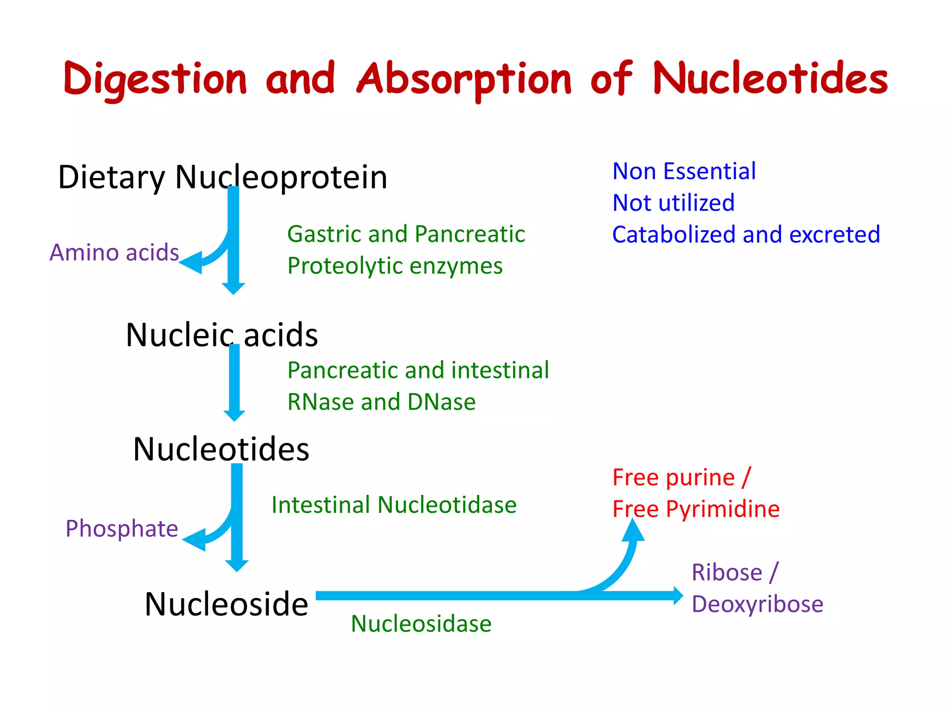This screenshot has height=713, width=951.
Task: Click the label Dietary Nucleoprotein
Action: click(222, 177)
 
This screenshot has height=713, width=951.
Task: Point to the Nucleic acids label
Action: click(222, 335)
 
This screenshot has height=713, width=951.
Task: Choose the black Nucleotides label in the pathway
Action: click(221, 449)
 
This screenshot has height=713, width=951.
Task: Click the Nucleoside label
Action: click(226, 604)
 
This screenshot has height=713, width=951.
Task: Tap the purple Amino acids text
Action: click(114, 253)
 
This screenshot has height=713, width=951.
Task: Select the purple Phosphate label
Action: click(122, 529)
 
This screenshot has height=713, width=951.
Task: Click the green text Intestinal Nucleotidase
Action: click(394, 505)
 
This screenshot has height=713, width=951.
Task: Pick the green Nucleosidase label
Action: click(421, 623)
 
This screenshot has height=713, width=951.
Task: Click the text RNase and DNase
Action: click(381, 402)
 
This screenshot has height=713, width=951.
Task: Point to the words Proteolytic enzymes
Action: click(395, 266)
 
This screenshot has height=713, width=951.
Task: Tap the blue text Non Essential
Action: click(684, 171)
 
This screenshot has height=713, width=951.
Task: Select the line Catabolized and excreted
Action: click(746, 234)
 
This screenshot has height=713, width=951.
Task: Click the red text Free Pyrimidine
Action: click(696, 509)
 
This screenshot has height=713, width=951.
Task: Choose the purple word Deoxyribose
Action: click(757, 604)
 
